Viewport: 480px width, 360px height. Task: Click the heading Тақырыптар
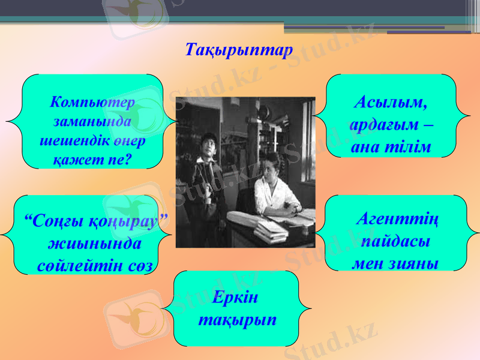point(239,49)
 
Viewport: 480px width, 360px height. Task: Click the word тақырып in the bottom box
point(237,319)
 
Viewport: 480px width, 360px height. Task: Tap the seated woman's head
point(271,165)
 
